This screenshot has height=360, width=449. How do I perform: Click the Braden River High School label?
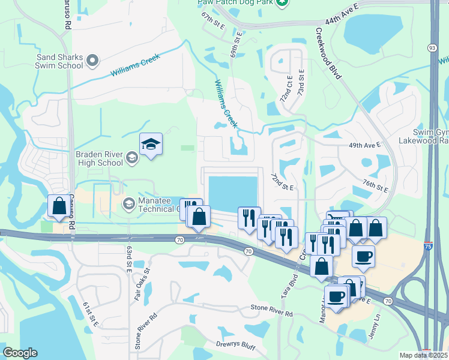click(99, 158)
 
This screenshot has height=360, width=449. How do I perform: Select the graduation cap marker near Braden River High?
click(151, 144)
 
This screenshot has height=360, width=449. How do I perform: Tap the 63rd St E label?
click(129, 259)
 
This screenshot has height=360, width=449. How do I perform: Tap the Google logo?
click(20, 353)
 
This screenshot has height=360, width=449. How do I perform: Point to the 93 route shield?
click(432, 47)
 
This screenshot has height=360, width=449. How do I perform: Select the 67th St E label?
click(212, 21)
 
